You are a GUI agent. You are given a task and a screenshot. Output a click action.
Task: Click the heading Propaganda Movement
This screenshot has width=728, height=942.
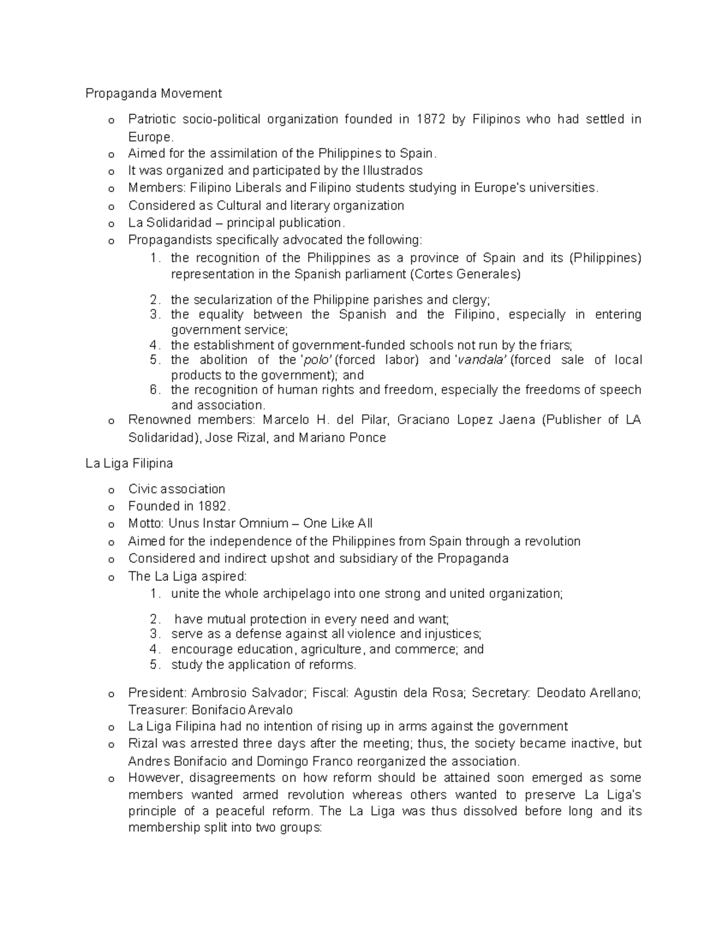click(x=153, y=93)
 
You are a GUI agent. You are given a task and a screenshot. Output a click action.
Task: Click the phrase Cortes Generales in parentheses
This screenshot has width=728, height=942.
click(x=466, y=274)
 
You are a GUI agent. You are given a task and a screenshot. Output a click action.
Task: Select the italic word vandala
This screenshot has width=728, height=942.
click(x=482, y=360)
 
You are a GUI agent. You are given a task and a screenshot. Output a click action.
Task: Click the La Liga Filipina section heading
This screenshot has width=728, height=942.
click(x=129, y=463)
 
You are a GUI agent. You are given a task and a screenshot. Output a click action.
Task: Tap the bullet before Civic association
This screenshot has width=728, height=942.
click(x=110, y=490)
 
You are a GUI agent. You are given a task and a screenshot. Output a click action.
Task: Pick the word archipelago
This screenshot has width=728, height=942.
click(x=297, y=594)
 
